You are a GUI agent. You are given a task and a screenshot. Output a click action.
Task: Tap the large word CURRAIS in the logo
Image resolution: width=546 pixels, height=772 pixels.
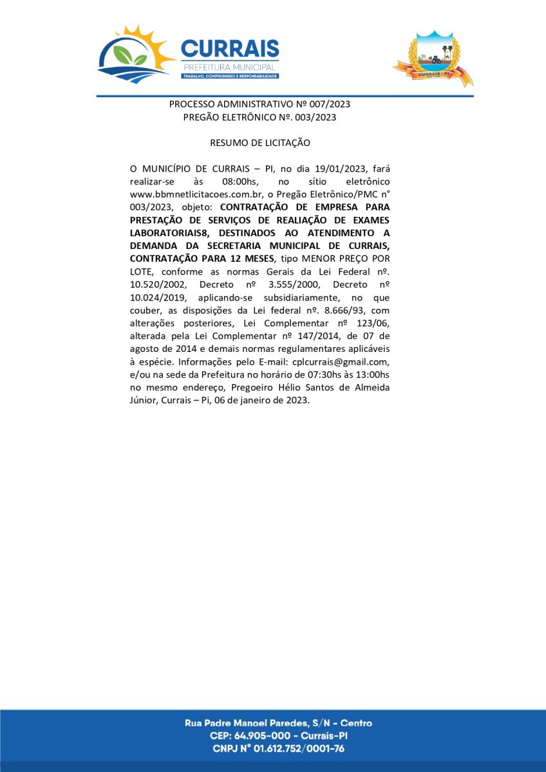click(230, 49)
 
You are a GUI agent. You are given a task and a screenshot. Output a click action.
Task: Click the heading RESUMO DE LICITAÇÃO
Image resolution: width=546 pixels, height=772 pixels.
click(260, 142)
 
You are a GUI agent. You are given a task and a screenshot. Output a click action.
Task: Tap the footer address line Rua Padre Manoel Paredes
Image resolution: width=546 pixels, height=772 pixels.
click(278, 723)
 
